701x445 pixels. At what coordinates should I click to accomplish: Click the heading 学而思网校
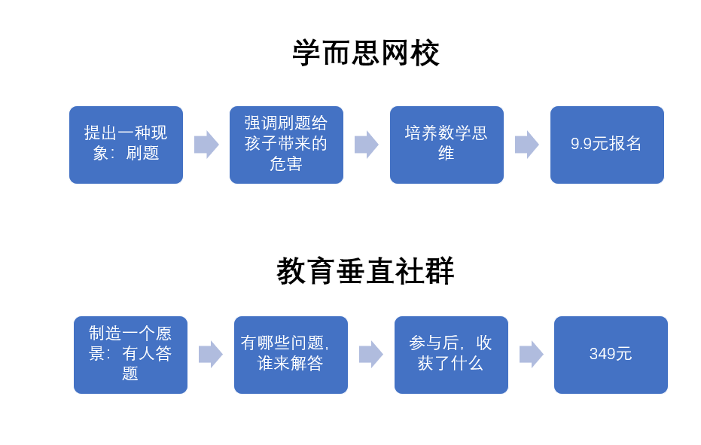coord(366,53)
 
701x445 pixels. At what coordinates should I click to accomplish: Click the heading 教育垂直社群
coord(366,271)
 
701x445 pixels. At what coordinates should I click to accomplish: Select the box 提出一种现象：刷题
coord(126,145)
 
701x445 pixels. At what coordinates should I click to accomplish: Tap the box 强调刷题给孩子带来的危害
coord(286,145)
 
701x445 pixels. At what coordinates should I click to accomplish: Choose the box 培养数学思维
coord(447,145)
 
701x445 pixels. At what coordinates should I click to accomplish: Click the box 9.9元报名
coord(607,145)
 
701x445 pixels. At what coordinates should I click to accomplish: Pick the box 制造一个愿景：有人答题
coord(130,355)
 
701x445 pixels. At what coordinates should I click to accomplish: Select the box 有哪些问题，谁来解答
coord(291,355)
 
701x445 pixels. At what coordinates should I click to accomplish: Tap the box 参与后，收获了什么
coord(451,355)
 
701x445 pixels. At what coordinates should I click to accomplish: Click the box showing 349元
coord(611,355)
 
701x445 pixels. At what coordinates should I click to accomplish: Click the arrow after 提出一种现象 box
coord(206,145)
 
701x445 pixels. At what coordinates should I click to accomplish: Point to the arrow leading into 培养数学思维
coord(367,145)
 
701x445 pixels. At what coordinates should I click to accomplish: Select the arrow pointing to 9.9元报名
coord(527,145)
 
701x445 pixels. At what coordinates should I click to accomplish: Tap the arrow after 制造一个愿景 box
coord(211,355)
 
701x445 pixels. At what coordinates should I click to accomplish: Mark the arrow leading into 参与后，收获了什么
coord(371,355)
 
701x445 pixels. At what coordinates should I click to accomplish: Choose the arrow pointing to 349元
coord(532,355)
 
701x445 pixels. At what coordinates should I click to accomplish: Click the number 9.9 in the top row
coord(581,144)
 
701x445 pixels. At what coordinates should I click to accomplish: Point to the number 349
coord(602,354)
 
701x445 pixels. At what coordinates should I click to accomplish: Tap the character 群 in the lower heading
coord(440,271)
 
